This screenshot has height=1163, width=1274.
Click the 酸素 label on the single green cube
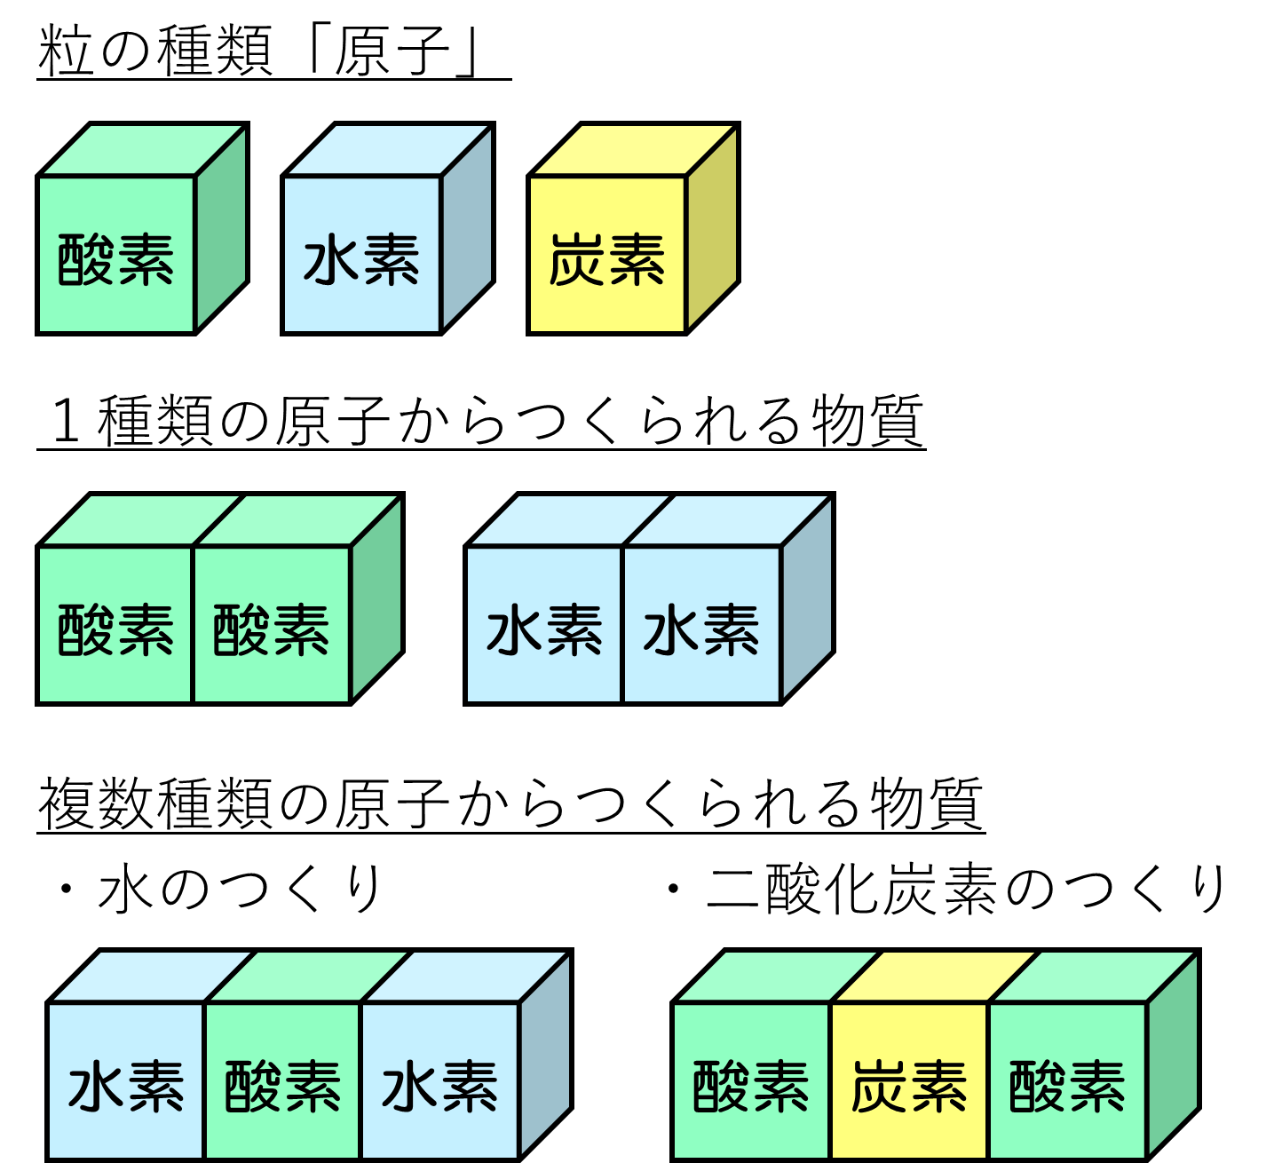click(115, 259)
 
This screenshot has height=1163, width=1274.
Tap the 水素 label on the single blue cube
click(361, 259)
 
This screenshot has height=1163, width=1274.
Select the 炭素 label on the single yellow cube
click(607, 259)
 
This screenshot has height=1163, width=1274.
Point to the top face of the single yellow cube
click(634, 151)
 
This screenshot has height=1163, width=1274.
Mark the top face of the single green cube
click(143, 151)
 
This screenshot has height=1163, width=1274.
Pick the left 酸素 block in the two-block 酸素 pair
click(115, 629)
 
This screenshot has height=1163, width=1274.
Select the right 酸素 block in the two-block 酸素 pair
click(272, 629)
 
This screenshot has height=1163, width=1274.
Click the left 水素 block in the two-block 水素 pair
click(544, 629)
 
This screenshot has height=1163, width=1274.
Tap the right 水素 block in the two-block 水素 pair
click(701, 629)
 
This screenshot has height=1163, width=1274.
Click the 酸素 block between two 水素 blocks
click(282, 1086)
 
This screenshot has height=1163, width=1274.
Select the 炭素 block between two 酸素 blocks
click(908, 1086)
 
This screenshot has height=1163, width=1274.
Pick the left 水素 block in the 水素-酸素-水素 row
click(126, 1086)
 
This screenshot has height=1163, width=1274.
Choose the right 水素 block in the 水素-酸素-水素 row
click(439, 1086)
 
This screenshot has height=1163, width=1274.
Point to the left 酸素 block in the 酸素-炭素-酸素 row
click(751, 1086)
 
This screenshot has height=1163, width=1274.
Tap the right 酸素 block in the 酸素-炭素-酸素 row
click(1066, 1086)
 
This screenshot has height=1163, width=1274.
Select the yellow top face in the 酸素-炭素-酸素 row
click(934, 977)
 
